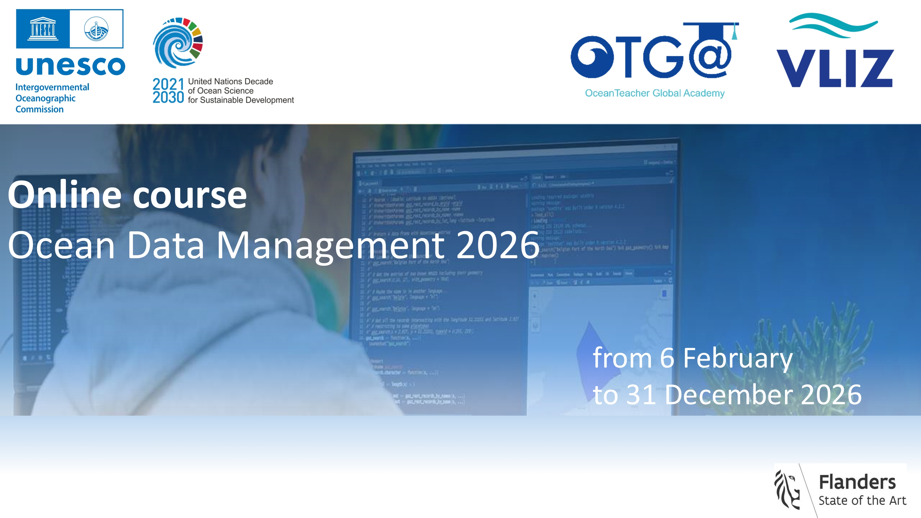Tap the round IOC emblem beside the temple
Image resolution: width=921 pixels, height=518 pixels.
pyautogui.click(x=96, y=29)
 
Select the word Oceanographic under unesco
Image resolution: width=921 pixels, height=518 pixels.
pyautogui.click(x=46, y=98)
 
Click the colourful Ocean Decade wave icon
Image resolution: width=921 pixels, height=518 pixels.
pyautogui.click(x=178, y=43)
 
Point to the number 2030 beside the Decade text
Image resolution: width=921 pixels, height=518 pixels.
pyautogui.click(x=168, y=97)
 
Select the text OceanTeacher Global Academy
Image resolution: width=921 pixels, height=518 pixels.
pyautogui.click(x=654, y=93)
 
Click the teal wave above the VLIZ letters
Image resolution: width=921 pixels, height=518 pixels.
pyautogui.click(x=833, y=25)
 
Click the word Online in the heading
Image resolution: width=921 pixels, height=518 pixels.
pyautogui.click(x=65, y=195)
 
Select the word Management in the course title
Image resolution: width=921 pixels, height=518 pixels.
pyautogui.click(x=330, y=245)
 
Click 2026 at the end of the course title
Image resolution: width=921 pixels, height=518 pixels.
pyautogui.click(x=498, y=245)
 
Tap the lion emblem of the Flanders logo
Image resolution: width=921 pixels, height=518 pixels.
pyautogui.click(x=787, y=490)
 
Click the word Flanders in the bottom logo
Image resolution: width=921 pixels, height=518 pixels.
pyautogui.click(x=857, y=482)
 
